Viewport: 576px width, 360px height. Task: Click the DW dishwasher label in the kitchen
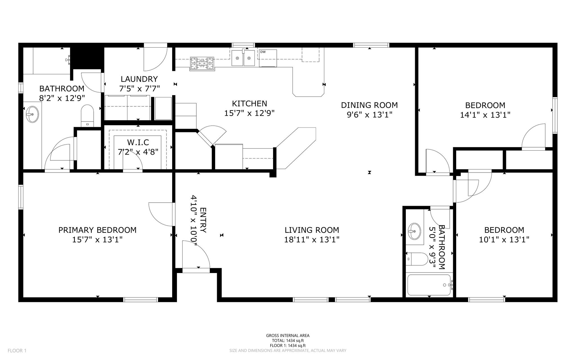pos(263,52)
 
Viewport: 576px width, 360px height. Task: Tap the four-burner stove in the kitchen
pos(202,63)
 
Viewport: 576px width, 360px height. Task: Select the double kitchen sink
pos(243,58)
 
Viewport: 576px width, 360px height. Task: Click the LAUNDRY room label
pos(139,79)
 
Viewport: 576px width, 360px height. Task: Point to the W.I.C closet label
pos(138,142)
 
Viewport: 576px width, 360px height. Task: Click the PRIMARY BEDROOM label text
pos(97,230)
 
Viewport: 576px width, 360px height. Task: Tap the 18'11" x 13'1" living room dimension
pos(312,240)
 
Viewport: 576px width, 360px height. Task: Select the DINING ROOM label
pos(369,105)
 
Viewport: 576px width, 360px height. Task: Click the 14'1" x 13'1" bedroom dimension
pos(485,115)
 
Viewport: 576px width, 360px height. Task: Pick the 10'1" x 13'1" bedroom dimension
pos(504,240)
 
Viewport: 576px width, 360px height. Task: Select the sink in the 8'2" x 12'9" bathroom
pos(32,114)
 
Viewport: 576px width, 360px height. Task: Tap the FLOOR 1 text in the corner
pos(17,351)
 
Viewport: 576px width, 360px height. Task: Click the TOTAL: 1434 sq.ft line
pos(288,341)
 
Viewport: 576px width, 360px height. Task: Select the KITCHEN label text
pos(249,104)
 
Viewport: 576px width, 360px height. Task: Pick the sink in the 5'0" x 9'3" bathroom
pos(414,231)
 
